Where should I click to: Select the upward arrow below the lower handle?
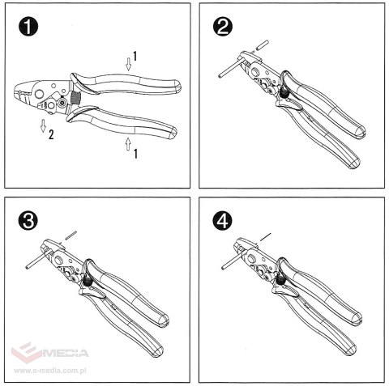pyautogui.click(x=127, y=144)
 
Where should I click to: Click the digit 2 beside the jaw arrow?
pyautogui.click(x=51, y=135)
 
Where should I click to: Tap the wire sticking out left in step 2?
pyautogui.click(x=228, y=70)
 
